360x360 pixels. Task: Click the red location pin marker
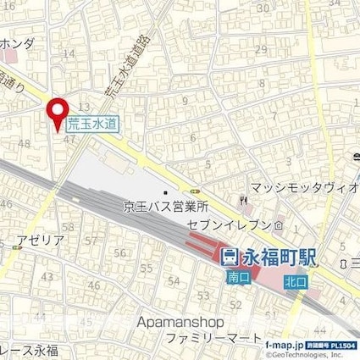(58, 114)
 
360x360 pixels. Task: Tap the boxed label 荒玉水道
(94, 124)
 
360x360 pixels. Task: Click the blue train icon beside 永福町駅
(230, 253)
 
